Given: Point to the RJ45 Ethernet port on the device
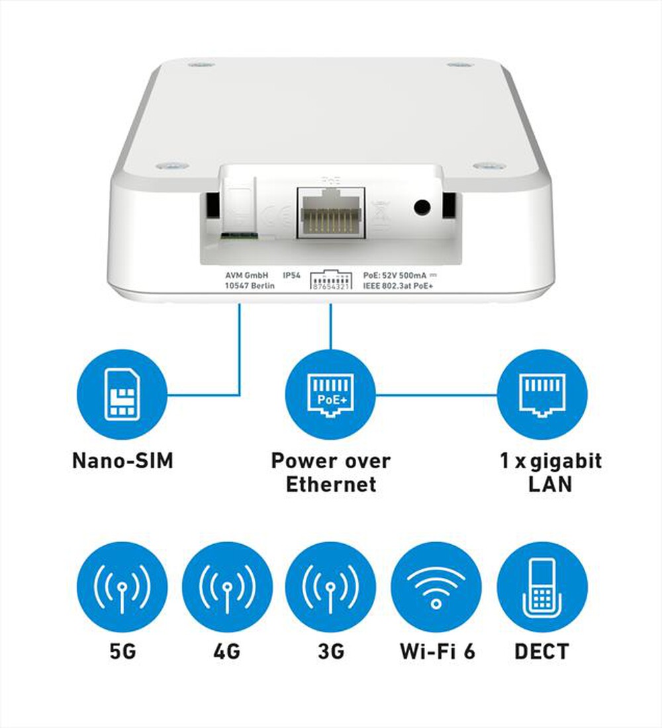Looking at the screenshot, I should tap(332, 212).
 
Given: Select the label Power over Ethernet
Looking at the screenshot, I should tap(330, 472).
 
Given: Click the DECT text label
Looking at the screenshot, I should tap(542, 652).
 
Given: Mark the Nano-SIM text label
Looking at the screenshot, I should tap(122, 460).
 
